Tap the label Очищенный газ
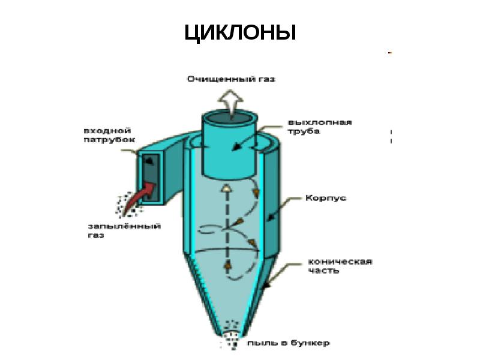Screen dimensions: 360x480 coord(232,79)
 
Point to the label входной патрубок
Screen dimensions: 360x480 coord(109,134)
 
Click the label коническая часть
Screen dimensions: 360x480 coord(340,266)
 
